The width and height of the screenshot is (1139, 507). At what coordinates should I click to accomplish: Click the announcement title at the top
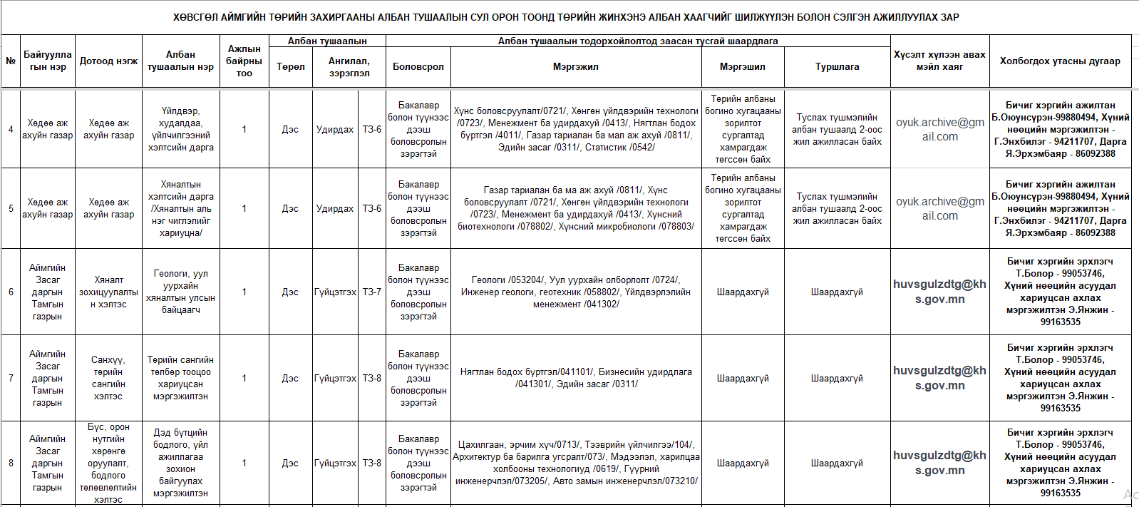566,17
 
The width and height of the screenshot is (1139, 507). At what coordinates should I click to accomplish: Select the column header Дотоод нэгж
108,61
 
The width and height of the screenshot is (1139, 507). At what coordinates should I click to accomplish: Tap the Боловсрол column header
418,67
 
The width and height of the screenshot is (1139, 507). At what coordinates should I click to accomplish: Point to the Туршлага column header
837,67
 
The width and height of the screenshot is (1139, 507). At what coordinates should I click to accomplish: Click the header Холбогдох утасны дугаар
1060,61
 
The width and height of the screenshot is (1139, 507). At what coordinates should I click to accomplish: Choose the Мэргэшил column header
743,67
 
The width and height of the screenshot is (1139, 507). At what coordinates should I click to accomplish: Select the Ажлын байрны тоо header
244,61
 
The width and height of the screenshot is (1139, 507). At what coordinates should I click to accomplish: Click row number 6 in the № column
11,292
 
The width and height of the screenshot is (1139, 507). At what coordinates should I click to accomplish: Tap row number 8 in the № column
11,463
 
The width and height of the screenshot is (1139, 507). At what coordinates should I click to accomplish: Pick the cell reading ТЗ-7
371,292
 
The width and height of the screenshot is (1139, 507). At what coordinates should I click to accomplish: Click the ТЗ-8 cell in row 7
371,378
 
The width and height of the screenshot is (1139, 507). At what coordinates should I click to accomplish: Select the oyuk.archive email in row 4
939,129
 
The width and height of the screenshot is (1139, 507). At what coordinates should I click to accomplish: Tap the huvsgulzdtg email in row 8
939,463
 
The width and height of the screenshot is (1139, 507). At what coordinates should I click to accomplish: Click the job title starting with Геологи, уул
180,292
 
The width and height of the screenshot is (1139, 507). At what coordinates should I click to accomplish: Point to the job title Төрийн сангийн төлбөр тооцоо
180,378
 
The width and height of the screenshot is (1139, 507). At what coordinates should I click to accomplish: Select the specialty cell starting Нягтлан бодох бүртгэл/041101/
576,378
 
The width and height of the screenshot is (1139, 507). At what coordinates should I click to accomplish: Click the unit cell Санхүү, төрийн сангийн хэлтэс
108,378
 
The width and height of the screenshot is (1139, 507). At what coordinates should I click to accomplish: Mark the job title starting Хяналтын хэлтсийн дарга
180,208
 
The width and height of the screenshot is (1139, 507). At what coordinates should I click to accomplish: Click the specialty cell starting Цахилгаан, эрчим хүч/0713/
576,463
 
